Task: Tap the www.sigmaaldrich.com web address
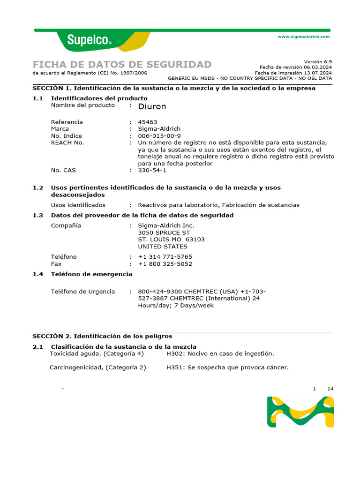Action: (x=304, y=37)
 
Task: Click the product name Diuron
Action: (x=152, y=106)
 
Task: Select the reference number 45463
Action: (x=147, y=122)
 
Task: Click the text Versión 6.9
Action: (x=318, y=61)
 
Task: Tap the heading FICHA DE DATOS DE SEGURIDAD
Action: (x=122, y=64)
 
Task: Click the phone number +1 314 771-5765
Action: (x=165, y=256)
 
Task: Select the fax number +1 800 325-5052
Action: (x=165, y=263)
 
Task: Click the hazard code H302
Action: (x=174, y=353)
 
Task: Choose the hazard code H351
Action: (x=174, y=367)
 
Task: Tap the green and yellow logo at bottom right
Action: (x=300, y=412)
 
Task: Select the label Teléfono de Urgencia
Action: (x=82, y=292)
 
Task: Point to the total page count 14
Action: (x=330, y=389)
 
